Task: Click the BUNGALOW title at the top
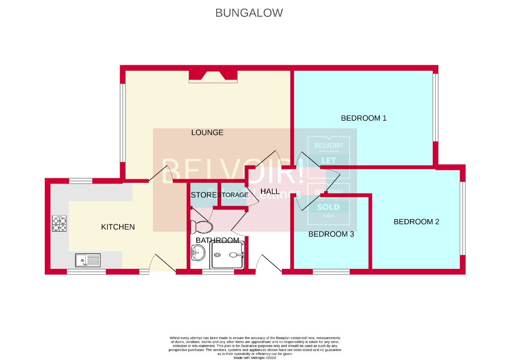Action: (249, 13)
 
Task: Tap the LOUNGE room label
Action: (207, 132)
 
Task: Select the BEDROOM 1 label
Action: (364, 119)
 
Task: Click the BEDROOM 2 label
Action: (416, 222)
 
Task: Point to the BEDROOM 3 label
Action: (331, 234)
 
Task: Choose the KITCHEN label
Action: (118, 227)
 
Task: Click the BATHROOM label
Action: (217, 240)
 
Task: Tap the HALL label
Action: (270, 191)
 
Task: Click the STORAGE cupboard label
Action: (233, 195)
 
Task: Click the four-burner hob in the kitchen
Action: (60, 224)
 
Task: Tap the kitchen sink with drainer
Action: (87, 259)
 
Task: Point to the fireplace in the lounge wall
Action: (213, 76)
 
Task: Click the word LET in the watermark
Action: (329, 160)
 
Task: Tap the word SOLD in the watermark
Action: (328, 207)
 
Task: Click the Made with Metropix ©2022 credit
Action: (255, 358)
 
